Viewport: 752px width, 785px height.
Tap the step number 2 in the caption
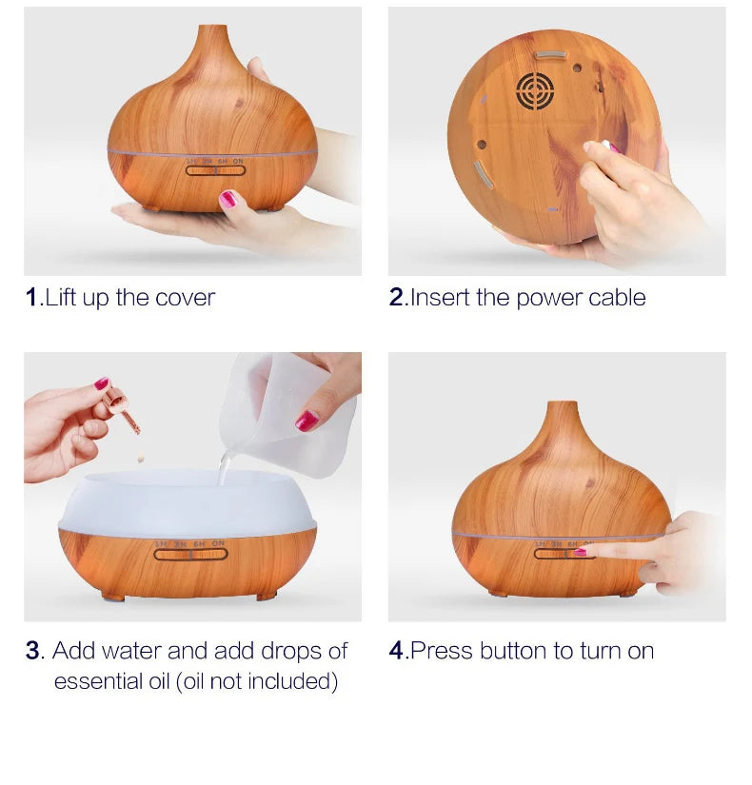click(x=397, y=298)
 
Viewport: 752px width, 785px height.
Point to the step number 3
click(x=33, y=652)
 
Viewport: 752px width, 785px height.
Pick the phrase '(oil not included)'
click(x=257, y=681)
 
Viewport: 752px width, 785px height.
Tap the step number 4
click(x=397, y=652)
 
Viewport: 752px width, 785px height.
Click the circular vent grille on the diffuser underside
click(x=535, y=91)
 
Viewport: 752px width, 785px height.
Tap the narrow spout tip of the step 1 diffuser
click(x=213, y=29)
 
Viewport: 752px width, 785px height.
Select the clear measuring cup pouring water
click(x=286, y=414)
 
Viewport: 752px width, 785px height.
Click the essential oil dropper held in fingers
click(x=122, y=408)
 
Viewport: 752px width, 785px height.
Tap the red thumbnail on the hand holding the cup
click(x=307, y=420)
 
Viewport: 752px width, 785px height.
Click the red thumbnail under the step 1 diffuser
click(x=228, y=200)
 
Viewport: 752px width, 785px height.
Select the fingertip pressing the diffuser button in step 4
click(x=584, y=551)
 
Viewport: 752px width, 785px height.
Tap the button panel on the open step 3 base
click(x=191, y=553)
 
